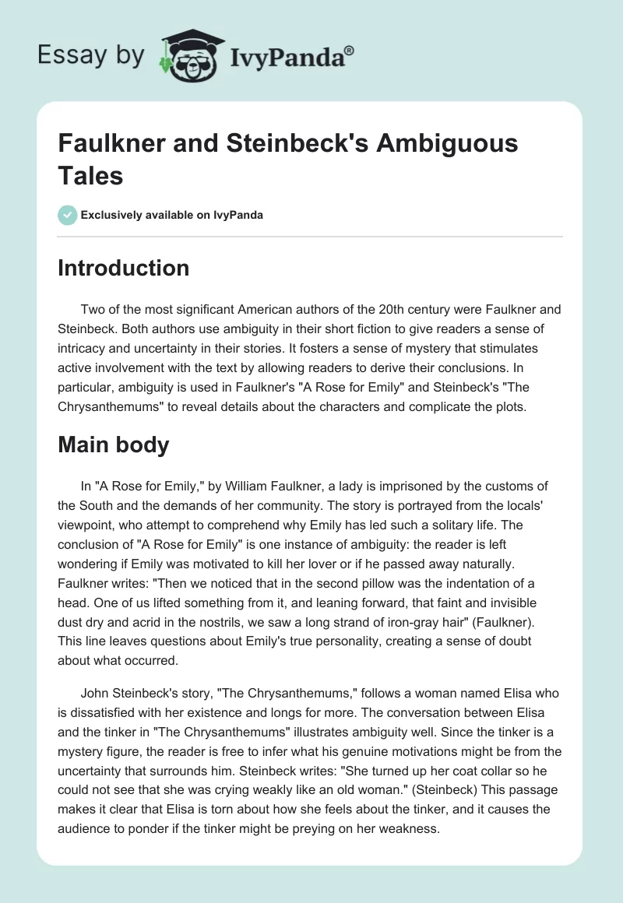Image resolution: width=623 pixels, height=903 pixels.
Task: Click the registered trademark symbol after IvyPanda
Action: pos(349,51)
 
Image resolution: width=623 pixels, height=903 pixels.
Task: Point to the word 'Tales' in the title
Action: pos(91,175)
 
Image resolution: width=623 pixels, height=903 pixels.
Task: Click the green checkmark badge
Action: pos(68,215)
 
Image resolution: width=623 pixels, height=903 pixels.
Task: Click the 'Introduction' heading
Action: pos(124,268)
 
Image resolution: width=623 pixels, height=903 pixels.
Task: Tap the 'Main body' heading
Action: pos(113,444)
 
